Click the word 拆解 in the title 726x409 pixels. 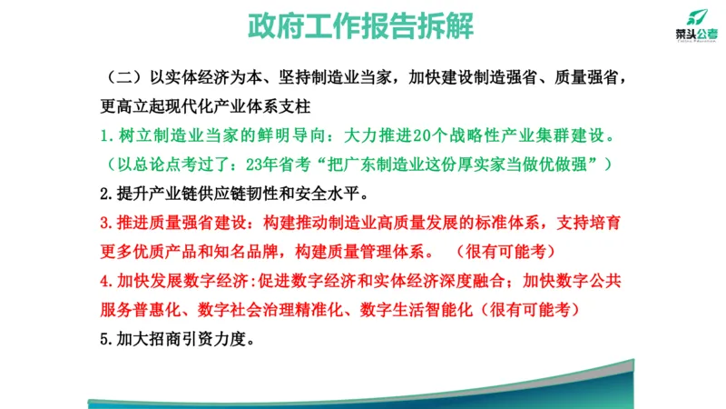(x=446, y=26)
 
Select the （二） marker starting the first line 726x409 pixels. (x=121, y=77)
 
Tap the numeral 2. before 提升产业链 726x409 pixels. (x=104, y=194)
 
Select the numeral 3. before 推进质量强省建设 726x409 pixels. (x=104, y=223)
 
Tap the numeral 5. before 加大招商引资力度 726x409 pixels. (x=104, y=338)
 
